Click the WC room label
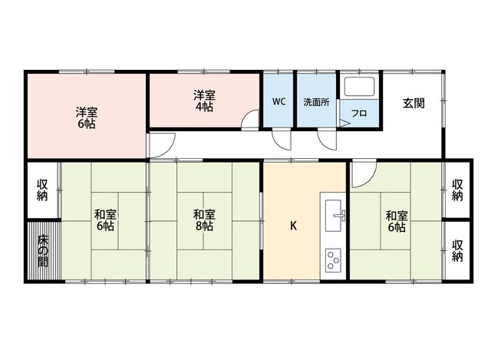278,101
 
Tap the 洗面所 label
316,102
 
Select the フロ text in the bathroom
359,113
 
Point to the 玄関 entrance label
414,103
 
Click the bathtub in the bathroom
360,86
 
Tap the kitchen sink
334,215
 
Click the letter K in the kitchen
293,226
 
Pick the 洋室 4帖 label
204,101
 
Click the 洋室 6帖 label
87,117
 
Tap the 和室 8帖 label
204,220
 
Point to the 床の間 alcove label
43,251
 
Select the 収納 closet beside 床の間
42,190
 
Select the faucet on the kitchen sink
341,215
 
